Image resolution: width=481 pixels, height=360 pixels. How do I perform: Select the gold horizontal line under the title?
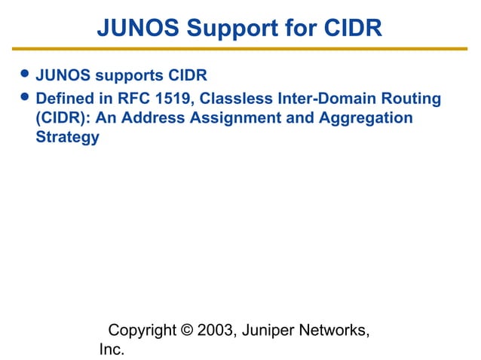240,49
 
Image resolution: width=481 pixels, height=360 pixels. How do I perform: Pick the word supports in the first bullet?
129,77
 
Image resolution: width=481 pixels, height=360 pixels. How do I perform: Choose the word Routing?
413,99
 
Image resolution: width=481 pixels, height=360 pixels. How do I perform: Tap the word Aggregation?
369,118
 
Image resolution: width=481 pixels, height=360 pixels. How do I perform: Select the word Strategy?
67,138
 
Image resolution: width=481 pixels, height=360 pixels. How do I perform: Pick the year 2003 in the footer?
214,331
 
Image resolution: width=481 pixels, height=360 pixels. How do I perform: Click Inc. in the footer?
112,350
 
